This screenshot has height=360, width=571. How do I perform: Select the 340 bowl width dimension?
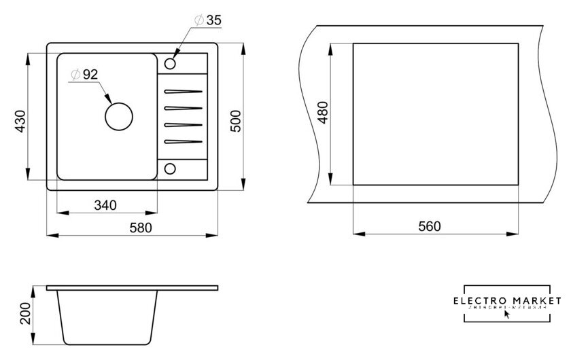106,204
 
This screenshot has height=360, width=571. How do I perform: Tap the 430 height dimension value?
20,120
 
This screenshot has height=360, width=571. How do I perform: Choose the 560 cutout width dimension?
429,226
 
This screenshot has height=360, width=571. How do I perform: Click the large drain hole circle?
119,115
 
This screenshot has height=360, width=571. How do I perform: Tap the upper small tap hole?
170,64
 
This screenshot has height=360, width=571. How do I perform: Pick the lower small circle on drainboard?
170,168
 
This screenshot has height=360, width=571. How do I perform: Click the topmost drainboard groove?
182,90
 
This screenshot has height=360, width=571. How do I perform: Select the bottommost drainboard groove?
182,141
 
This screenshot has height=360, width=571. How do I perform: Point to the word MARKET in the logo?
538,300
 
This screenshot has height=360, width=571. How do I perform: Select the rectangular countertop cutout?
434,114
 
